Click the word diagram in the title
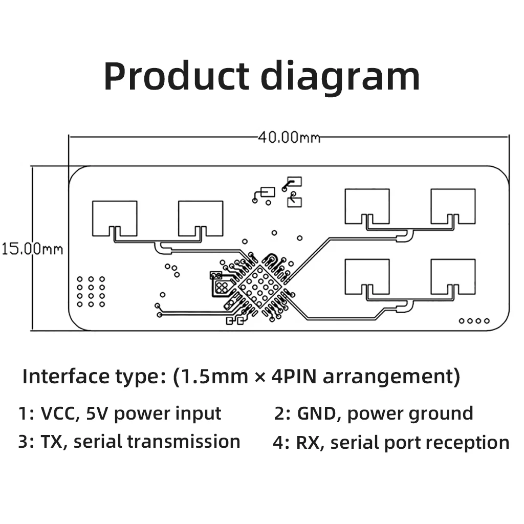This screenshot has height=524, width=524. point(340,77)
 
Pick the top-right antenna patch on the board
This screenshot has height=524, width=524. point(453,206)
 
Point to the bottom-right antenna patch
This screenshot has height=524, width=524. point(453,276)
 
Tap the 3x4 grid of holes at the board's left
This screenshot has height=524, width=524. point(91,292)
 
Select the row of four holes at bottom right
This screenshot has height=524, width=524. point(474,321)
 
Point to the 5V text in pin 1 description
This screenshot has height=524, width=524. point(97,413)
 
